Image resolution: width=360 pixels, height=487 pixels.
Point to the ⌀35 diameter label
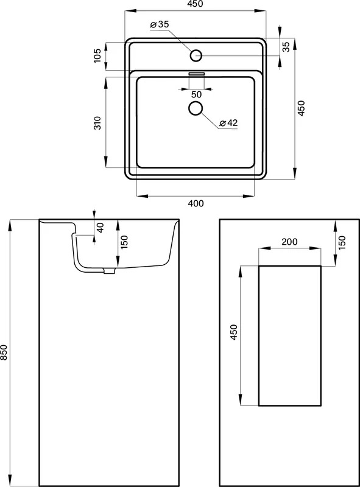tap(159, 24)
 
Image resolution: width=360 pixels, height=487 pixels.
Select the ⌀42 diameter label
tap(228, 123)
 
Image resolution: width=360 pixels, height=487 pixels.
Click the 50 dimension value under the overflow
tap(196, 94)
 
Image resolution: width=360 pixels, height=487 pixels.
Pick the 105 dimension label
tap(97, 55)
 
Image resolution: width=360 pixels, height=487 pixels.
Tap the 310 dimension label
tap(97, 123)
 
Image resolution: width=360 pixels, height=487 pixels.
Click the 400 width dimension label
tap(196, 203)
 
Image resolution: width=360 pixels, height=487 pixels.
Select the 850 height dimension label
tap(4, 352)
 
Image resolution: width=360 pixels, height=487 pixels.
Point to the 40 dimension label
tap(100, 228)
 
